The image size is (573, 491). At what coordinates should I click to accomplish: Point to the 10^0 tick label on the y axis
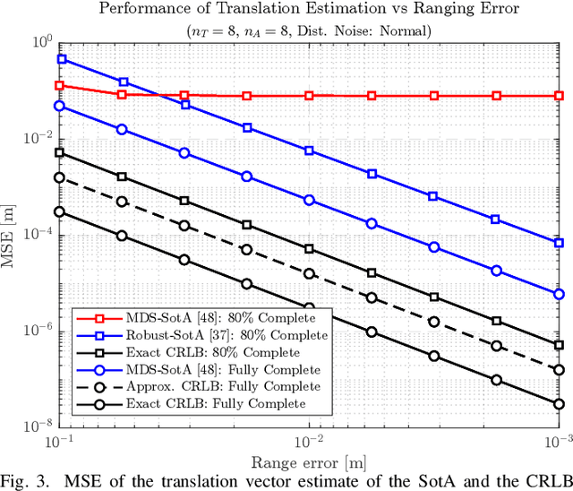tap(40, 42)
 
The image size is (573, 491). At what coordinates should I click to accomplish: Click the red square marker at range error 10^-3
tap(559, 95)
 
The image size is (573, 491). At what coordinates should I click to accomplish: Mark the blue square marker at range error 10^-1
tap(61, 59)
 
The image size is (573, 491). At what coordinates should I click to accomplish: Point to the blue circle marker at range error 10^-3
tap(559, 294)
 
